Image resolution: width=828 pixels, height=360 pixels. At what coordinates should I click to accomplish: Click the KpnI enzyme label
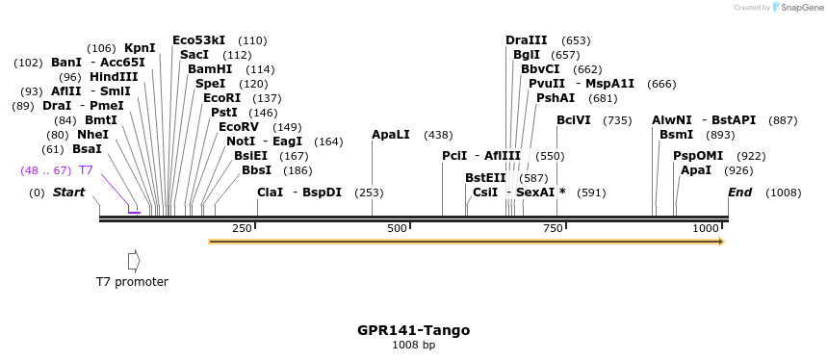140,47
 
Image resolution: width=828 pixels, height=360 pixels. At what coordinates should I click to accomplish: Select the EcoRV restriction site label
239,127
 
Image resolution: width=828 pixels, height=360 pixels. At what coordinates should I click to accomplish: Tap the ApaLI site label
391,135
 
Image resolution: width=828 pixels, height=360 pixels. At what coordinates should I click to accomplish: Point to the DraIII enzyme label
526,40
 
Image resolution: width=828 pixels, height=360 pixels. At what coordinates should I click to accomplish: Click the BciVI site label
574,120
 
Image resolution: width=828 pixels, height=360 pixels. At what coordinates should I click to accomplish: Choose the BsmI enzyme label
676,135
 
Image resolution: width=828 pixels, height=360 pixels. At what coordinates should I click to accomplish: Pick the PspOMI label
698,156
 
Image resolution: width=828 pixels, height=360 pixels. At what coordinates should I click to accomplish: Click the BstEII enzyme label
485,178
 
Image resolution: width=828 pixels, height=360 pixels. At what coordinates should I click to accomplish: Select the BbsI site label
257,170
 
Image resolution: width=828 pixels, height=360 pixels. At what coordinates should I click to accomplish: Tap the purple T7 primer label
86,170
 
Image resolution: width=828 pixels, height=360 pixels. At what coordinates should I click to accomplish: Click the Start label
68,193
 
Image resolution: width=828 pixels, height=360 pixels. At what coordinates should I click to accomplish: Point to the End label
740,193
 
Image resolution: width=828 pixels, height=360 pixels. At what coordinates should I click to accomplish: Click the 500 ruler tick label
397,228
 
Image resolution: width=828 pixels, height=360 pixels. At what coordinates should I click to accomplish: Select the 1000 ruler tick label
706,228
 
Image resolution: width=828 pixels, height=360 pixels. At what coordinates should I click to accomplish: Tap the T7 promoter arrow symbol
134,260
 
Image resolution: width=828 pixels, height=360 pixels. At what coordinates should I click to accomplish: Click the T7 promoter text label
132,282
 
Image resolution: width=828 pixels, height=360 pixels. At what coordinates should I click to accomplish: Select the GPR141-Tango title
414,330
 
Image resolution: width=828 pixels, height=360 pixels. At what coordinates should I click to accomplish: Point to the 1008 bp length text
414,345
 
